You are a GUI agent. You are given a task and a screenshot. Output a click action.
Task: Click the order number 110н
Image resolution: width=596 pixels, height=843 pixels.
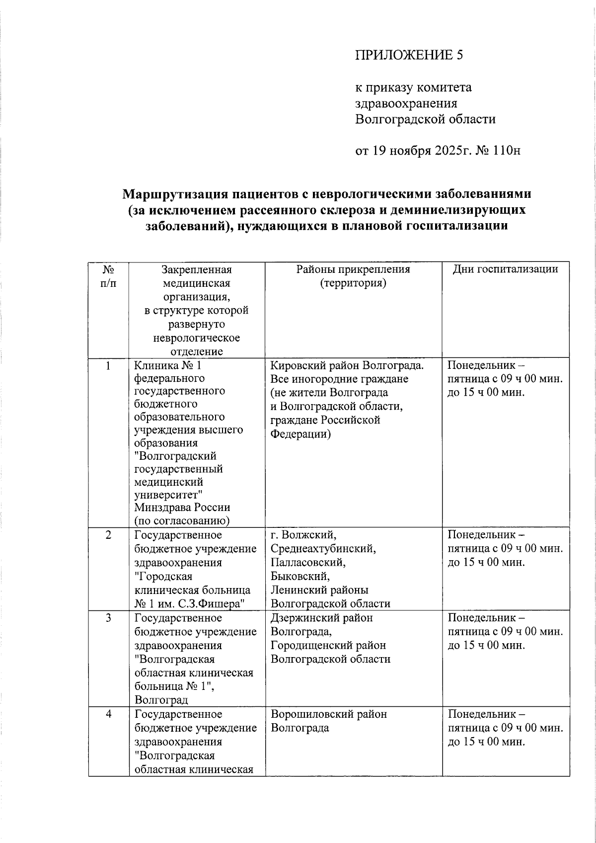507,150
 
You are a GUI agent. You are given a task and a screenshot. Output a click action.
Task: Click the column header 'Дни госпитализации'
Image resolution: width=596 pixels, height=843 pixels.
505,269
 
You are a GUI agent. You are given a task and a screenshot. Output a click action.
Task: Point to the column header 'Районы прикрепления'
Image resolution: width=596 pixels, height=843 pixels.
353,269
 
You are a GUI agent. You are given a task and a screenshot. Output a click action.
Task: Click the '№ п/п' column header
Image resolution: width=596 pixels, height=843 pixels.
108,276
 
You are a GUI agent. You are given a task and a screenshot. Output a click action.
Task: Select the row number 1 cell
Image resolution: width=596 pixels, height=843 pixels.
108,366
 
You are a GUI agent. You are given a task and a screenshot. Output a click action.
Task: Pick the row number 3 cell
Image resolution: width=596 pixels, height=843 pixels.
108,618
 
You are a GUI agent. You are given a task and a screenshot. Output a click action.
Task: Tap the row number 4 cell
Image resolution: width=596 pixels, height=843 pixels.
108,714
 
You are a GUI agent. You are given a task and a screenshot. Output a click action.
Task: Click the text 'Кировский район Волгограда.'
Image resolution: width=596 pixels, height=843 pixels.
347,366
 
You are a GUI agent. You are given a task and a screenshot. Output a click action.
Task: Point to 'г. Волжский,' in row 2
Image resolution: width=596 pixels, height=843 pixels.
303,535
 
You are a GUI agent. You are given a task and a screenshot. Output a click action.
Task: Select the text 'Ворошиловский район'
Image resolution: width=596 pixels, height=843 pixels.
329,714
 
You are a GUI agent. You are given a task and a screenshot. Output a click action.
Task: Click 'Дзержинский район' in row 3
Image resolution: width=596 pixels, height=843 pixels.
322,618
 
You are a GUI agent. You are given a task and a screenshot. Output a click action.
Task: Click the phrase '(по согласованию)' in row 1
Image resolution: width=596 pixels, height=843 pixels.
182,521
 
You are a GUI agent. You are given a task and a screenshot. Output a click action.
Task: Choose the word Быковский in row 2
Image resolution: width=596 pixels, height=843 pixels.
300,577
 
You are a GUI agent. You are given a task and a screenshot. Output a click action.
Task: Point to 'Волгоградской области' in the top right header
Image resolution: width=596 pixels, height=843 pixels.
425,119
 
